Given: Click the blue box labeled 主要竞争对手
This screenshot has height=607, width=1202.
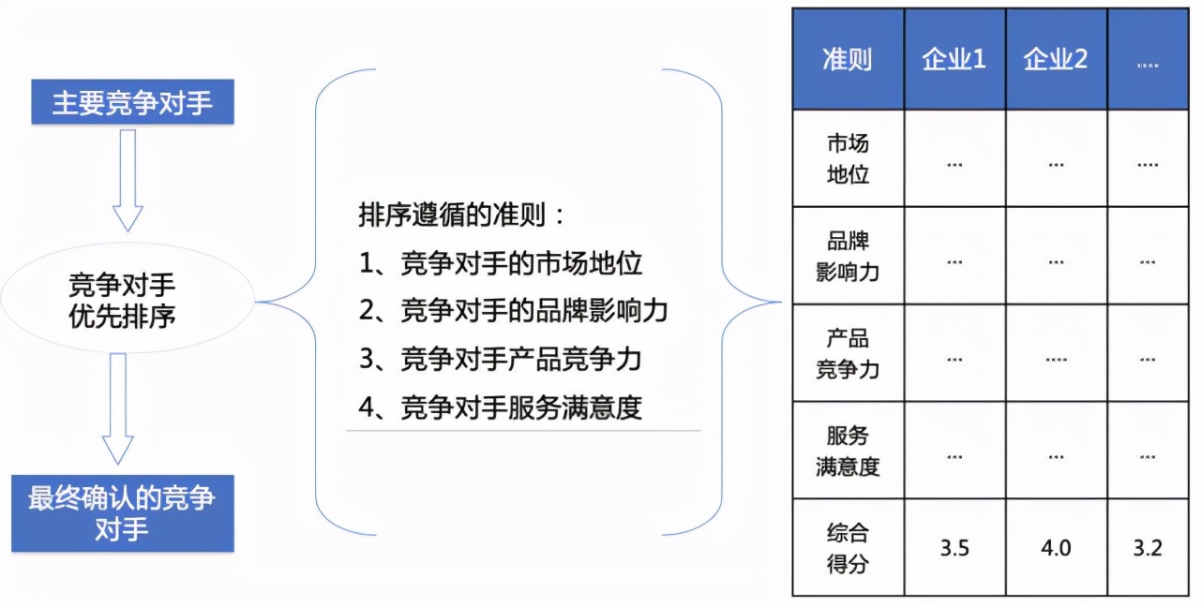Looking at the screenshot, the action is coord(132,102).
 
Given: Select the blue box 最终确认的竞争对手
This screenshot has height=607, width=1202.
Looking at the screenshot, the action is coord(123,513).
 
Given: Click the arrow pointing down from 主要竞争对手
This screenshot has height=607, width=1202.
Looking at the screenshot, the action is coord(128,181).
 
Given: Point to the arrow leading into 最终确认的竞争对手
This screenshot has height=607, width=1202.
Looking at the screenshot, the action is coord(118,408).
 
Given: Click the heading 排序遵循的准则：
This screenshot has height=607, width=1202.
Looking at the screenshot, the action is coord(461,215).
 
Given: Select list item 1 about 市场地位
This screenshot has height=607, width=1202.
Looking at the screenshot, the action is coord(500,263).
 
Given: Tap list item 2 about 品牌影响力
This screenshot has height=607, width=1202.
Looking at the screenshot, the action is coord(513,311).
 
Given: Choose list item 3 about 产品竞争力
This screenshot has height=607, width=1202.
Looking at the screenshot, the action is coord(500,360).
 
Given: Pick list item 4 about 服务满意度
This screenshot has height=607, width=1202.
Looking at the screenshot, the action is coord(500,407).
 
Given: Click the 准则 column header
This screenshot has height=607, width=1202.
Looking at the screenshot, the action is coord(848,59).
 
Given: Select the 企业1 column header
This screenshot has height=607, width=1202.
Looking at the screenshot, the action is coord(954,59).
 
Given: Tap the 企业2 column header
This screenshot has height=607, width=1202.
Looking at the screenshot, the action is coord(1056,59).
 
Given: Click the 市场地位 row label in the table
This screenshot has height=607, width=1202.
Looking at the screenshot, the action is coord(848,158).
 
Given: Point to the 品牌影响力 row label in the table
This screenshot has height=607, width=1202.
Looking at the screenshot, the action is coord(848,257).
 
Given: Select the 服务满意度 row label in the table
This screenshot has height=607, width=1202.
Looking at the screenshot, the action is coord(848,451).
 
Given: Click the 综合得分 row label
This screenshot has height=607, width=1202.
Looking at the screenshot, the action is coord(848,548).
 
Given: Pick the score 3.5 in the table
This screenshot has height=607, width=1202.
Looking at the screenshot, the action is coord(954,548).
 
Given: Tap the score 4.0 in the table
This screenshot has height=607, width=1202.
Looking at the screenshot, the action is coord(1056,548).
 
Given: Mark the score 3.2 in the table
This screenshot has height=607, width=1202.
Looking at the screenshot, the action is coord(1148,548).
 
